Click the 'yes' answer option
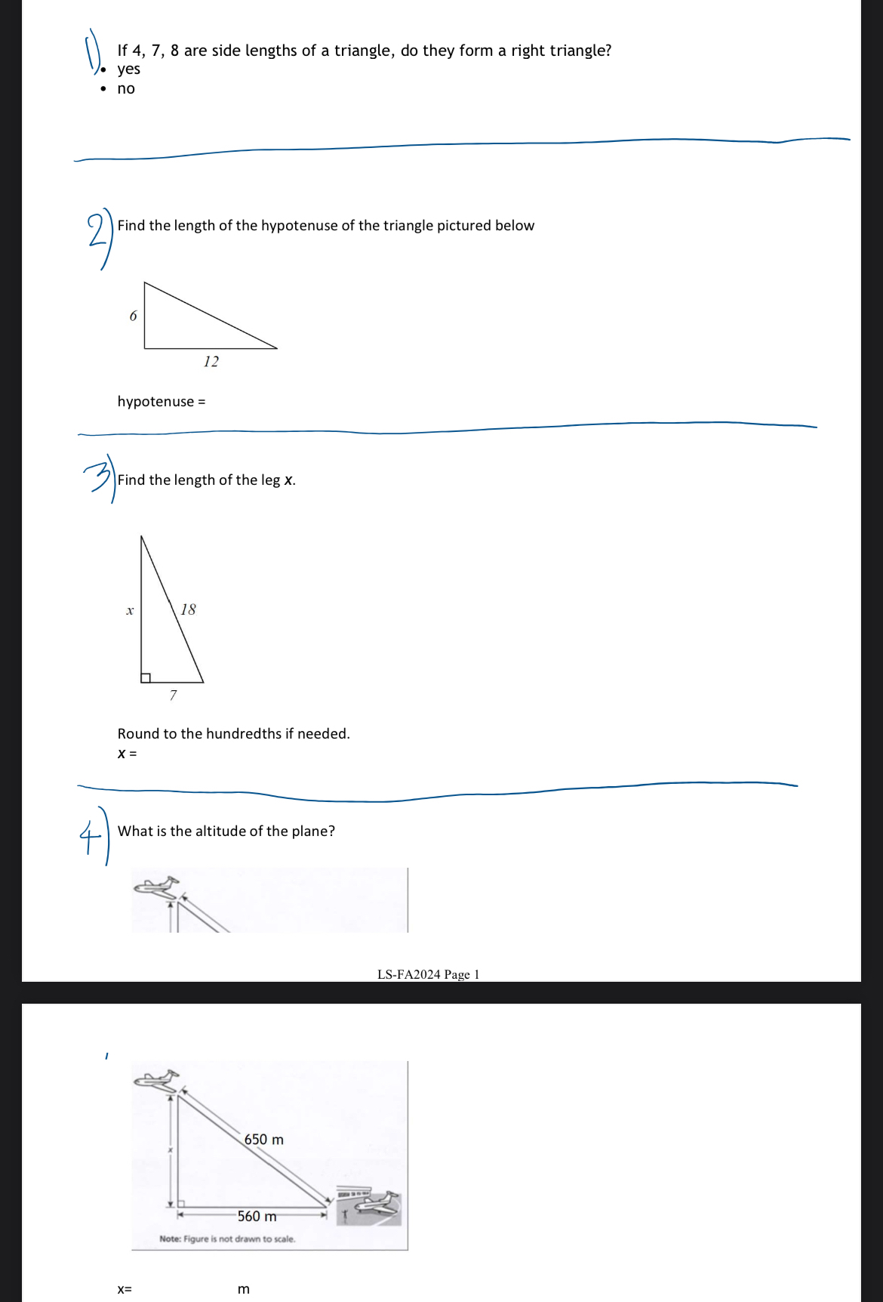128,69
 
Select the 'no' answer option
126,89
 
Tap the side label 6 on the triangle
134,316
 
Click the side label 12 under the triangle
211,362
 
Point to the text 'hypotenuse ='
161,402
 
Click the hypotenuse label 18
188,609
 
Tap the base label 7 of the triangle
174,695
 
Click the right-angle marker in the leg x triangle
146,677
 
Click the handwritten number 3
97,477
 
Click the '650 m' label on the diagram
264,1140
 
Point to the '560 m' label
257,1217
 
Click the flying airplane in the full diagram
157,1080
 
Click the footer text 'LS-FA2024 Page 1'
428,974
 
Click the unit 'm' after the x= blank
243,1289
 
